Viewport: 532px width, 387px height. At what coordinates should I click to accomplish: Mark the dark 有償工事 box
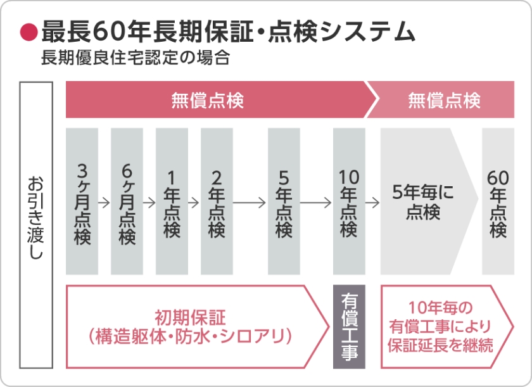[349, 326]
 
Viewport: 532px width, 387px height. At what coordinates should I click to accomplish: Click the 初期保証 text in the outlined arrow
[190, 315]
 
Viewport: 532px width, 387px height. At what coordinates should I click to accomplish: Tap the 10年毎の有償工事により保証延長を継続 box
[441, 326]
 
